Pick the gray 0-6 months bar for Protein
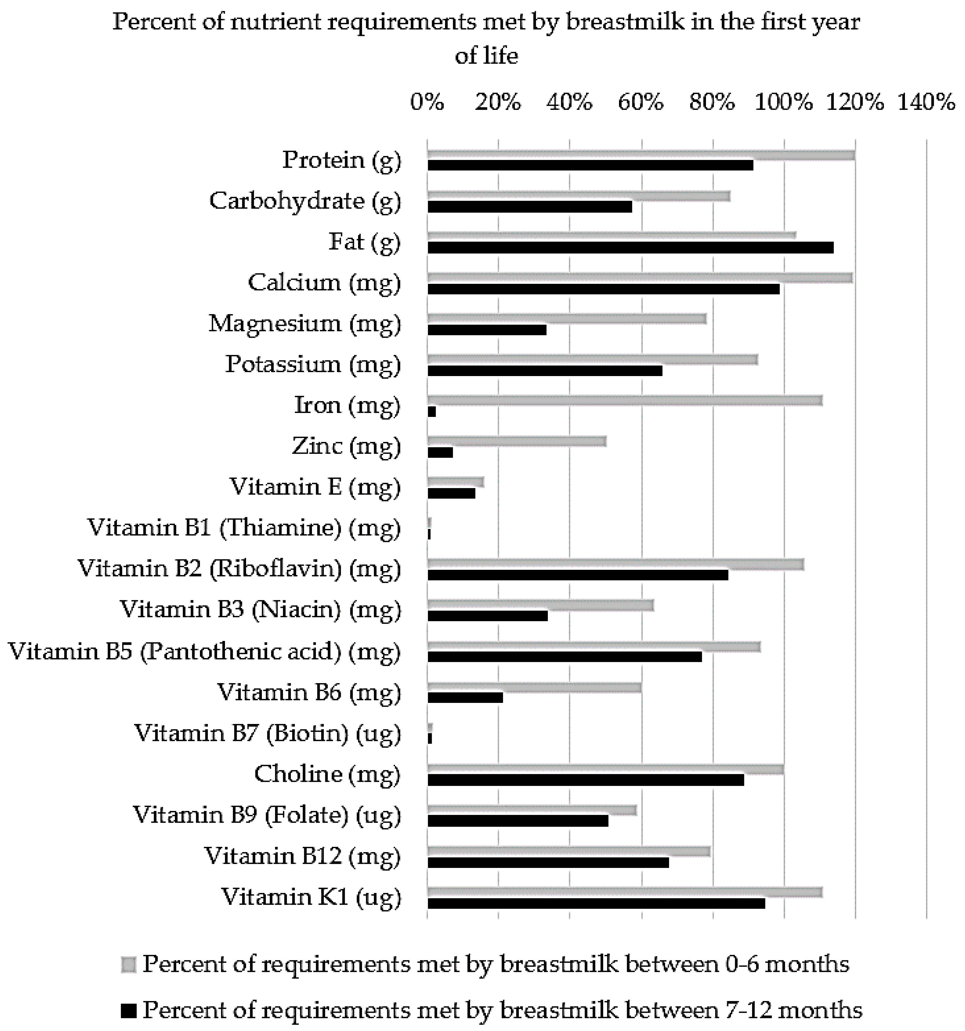(640, 154)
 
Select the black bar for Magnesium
(487, 330)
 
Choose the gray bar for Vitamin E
(455, 482)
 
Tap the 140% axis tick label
(926, 102)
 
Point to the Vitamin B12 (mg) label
(302, 856)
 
